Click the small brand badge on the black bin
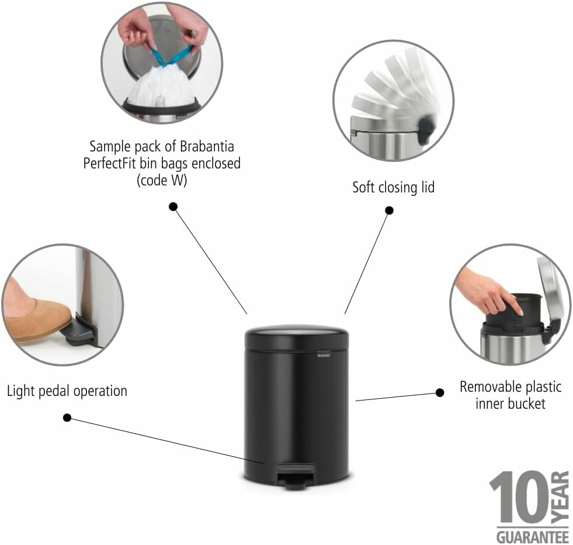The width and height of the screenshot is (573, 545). (x=322, y=354)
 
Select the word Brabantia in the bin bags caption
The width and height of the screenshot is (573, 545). (x=207, y=146)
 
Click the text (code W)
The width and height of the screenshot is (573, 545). (x=162, y=180)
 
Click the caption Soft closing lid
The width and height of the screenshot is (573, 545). (x=393, y=187)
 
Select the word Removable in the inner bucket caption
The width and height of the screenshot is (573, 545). (x=488, y=387)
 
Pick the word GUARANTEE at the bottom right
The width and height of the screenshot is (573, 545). (x=533, y=537)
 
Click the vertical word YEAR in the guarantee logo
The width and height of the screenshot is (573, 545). (x=560, y=497)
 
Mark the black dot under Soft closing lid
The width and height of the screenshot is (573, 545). (x=390, y=211)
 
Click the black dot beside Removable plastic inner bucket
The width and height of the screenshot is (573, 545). (x=440, y=392)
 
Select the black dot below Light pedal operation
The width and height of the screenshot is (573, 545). (x=67, y=418)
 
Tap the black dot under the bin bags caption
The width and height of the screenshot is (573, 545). (x=173, y=206)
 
